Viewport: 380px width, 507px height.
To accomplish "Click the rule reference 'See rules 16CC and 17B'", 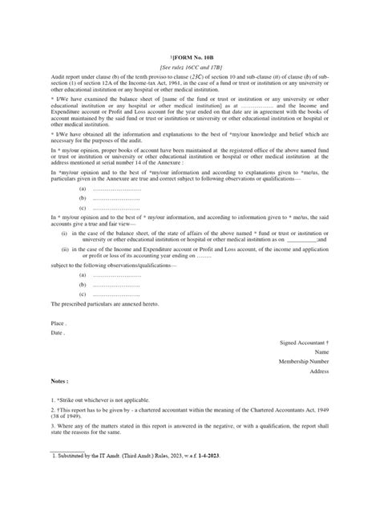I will pos(190,47).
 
